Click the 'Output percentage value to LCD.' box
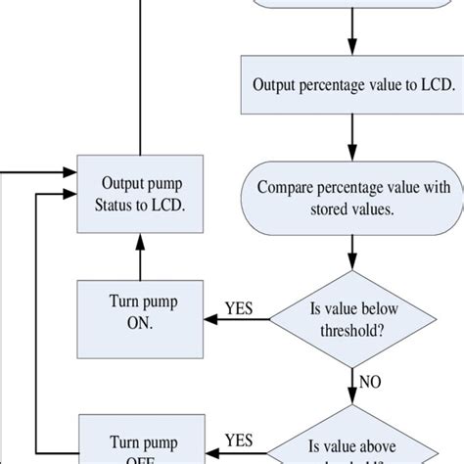pos(353,85)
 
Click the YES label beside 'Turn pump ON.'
pos(239,309)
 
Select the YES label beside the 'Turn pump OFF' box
pos(239,440)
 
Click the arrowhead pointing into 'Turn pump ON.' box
pos(209,319)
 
